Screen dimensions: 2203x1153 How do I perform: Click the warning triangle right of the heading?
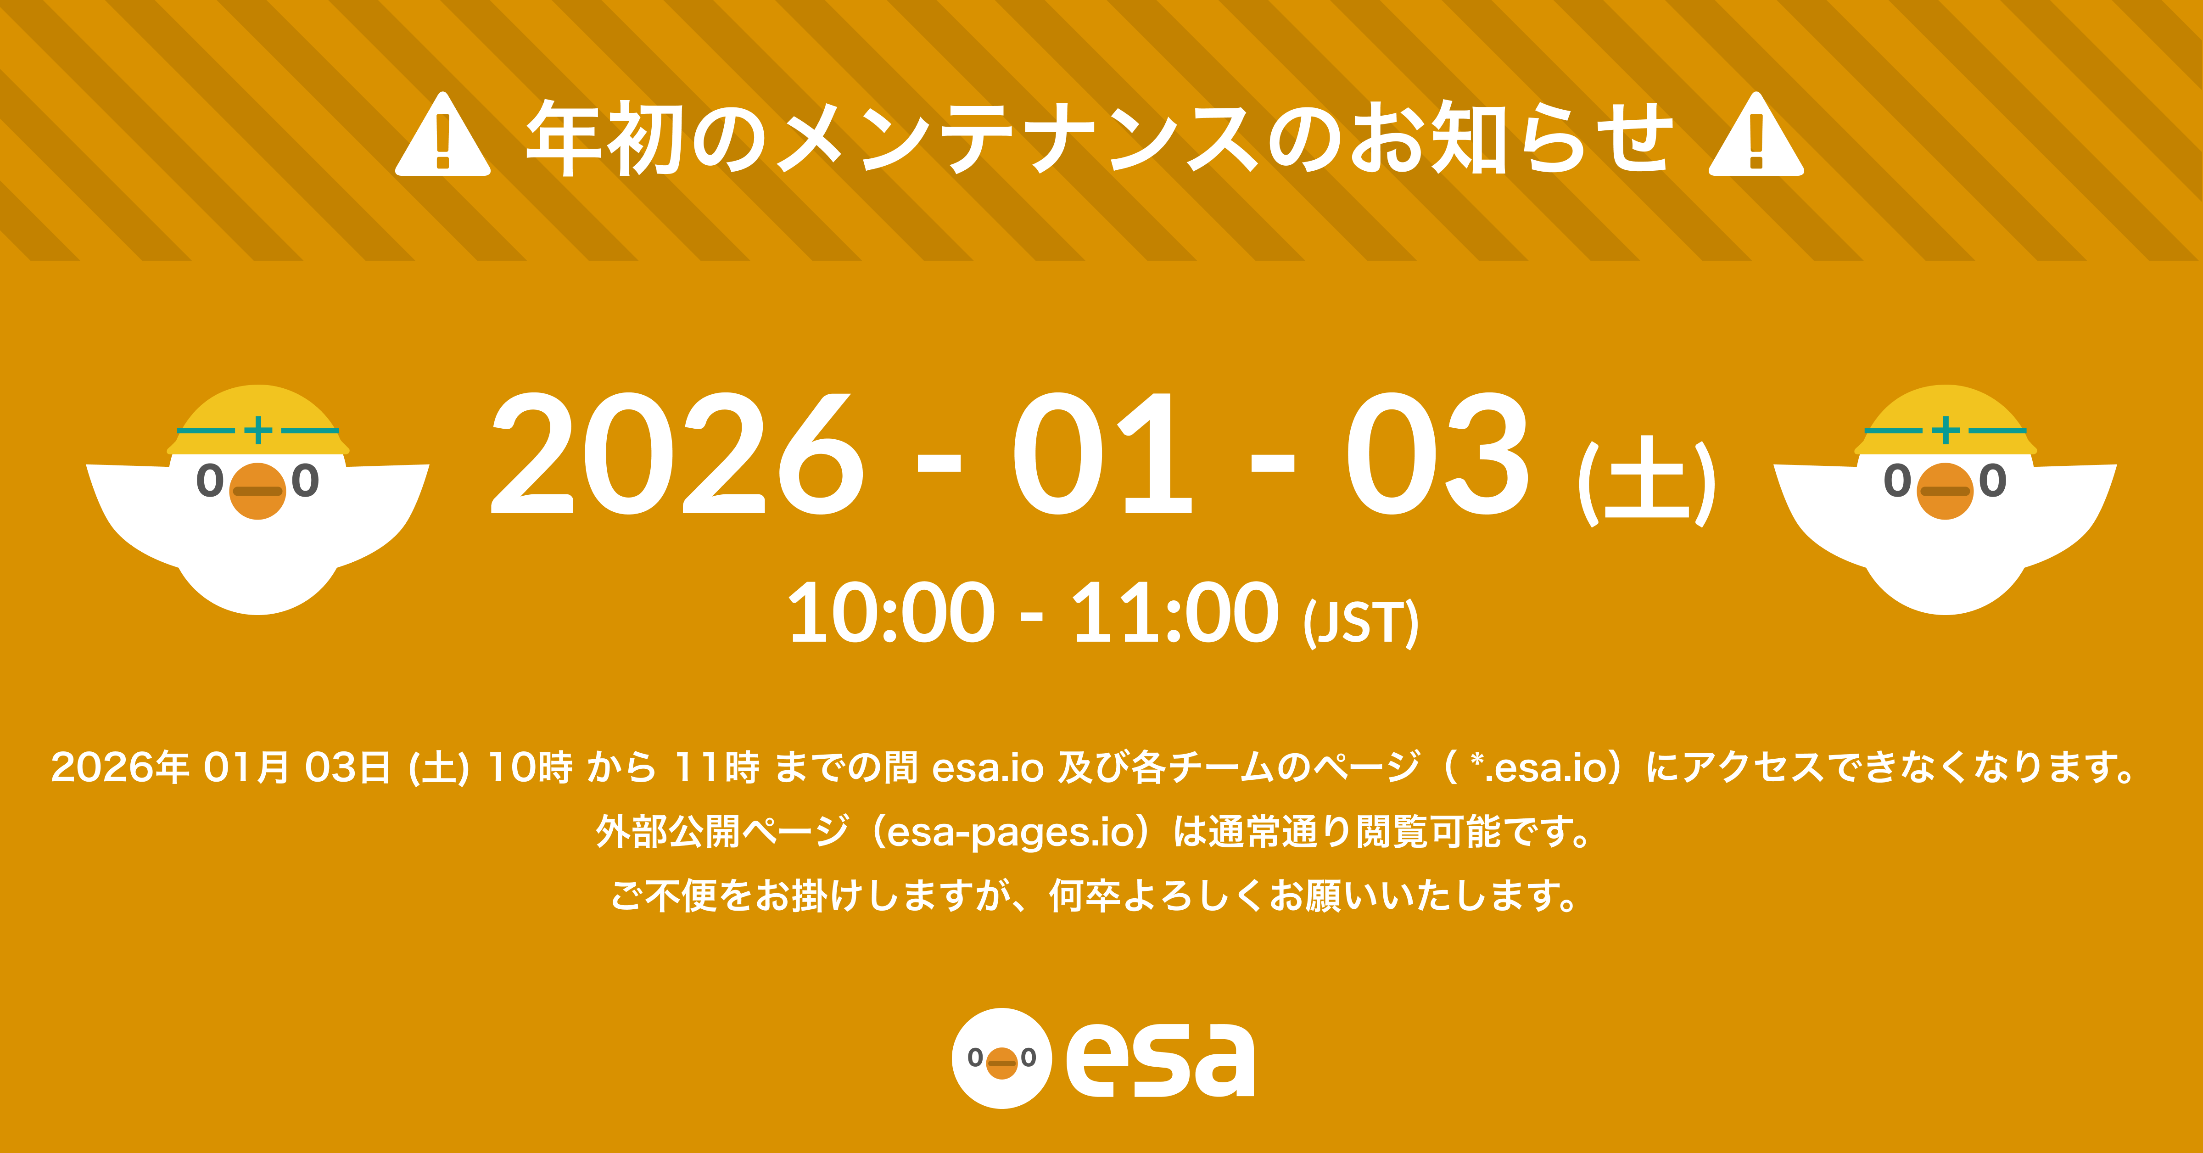1756,137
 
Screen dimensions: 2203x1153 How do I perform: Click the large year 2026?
676,453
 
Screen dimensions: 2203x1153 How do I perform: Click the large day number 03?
1437,453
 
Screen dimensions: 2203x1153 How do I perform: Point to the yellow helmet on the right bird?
1946,421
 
